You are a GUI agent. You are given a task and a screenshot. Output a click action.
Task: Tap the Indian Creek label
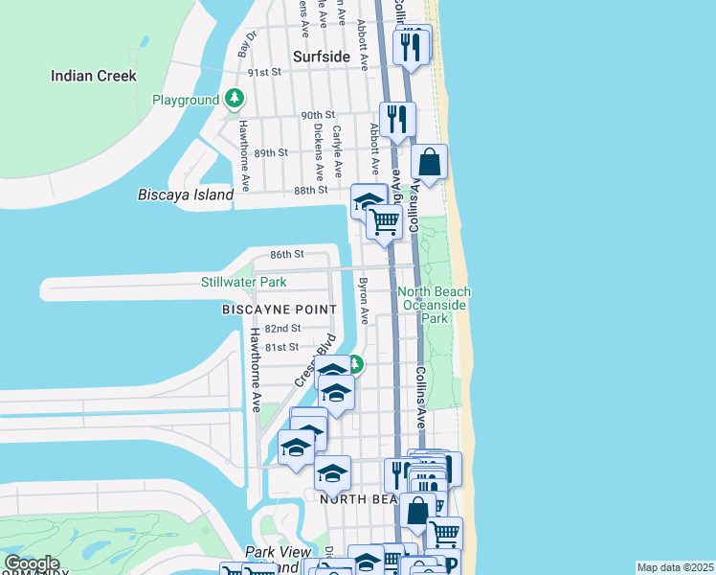(x=94, y=76)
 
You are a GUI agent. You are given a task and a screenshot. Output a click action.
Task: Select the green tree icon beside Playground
(x=234, y=99)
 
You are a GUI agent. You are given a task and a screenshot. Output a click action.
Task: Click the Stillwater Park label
(x=243, y=283)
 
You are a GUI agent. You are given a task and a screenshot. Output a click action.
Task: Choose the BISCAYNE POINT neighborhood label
(x=279, y=310)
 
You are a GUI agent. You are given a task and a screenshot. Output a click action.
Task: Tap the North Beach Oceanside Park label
(x=436, y=305)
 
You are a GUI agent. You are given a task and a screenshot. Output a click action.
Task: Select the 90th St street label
(x=317, y=115)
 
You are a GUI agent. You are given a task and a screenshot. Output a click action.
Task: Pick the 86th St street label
(x=286, y=254)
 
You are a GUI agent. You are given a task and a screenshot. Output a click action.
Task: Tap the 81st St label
(x=282, y=347)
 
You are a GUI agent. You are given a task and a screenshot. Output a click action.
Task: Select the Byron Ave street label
(x=363, y=300)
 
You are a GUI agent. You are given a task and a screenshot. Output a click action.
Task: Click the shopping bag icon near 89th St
(x=430, y=163)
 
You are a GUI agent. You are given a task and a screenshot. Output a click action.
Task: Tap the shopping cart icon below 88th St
(x=384, y=220)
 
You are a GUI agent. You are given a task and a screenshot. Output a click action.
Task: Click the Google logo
(x=31, y=563)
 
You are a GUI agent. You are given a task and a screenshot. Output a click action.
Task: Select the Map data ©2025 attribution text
(x=675, y=567)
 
